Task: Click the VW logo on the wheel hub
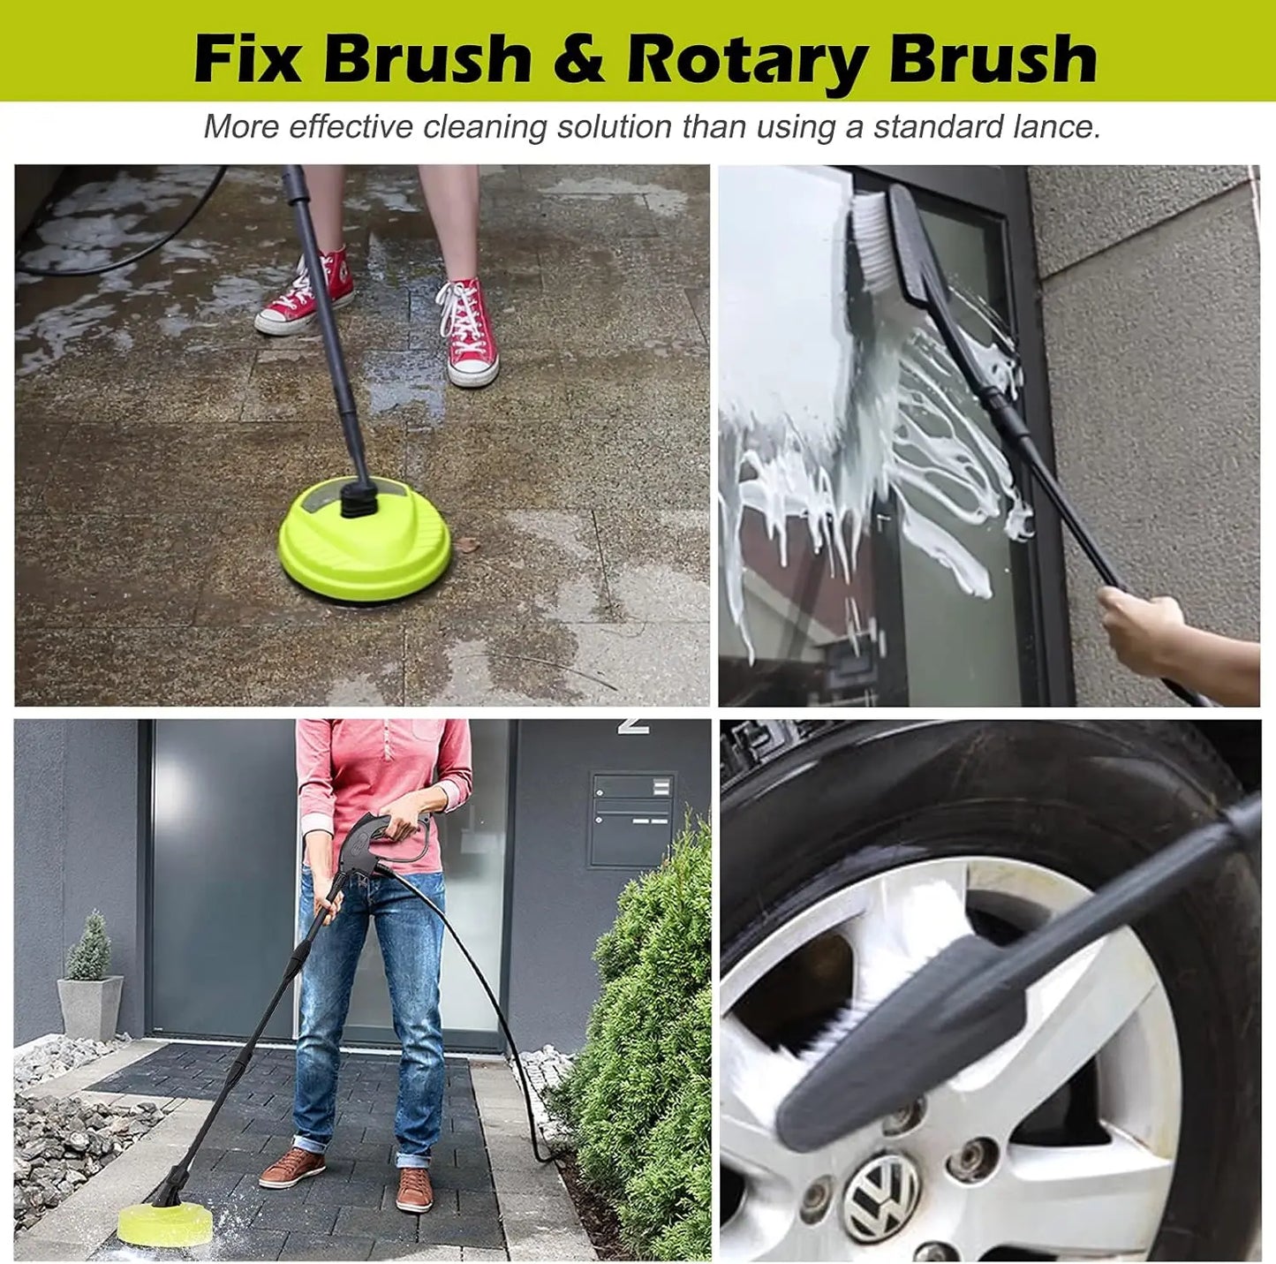(x=880, y=1196)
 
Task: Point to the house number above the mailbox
(x=633, y=725)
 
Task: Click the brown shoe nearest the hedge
(x=414, y=1189)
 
